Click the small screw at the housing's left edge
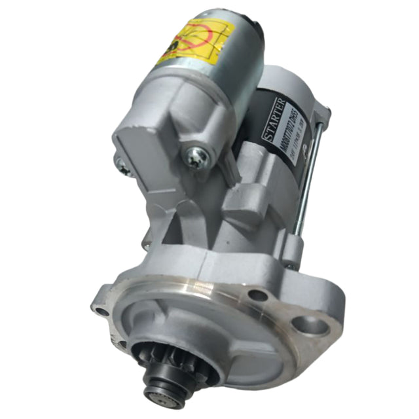(x=122, y=169)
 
